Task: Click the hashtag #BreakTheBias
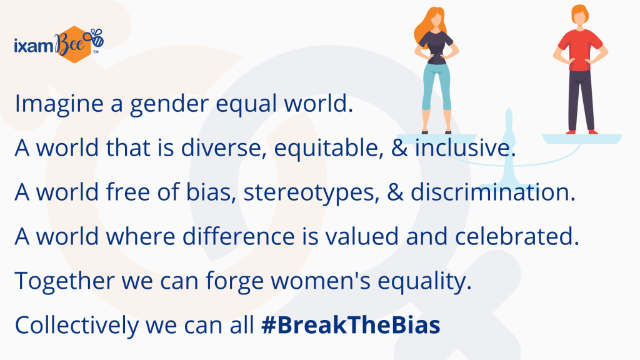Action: [x=351, y=325]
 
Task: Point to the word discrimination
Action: [x=492, y=191]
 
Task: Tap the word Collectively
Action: [x=77, y=325]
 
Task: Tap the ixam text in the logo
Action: [x=34, y=45]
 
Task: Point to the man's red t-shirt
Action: [x=580, y=49]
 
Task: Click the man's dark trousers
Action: [x=581, y=101]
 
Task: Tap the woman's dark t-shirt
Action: [x=436, y=47]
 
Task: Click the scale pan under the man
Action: [x=582, y=138]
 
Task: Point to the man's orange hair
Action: [x=580, y=14]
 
